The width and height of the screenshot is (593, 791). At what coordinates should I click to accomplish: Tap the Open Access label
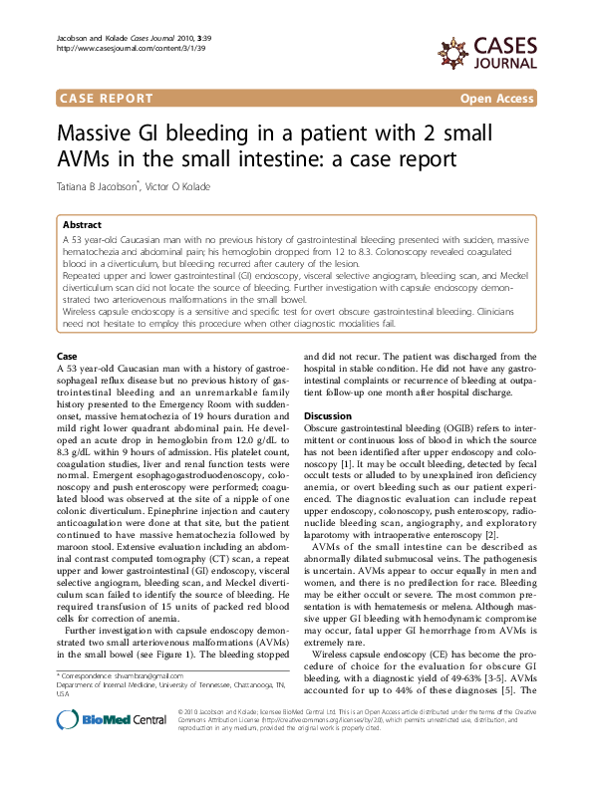[496, 98]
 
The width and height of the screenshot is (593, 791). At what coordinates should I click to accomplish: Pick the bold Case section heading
[67, 356]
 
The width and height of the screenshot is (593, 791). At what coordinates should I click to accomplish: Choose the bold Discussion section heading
[328, 415]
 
